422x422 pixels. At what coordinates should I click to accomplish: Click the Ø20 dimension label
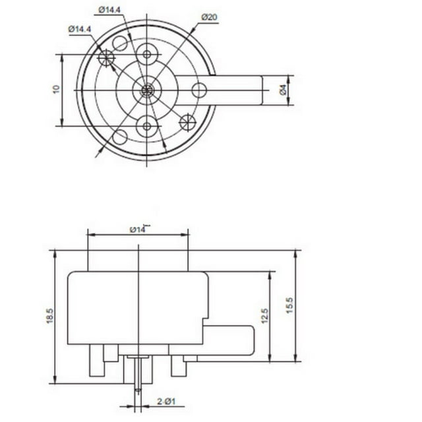[210, 17]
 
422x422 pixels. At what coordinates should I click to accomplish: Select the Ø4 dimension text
[283, 90]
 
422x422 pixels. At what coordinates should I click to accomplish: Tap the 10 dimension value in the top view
[57, 89]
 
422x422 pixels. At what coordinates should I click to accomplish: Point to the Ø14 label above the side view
[138, 229]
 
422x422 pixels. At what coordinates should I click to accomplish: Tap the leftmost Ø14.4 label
[79, 29]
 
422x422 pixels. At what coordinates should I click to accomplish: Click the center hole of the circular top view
[146, 90]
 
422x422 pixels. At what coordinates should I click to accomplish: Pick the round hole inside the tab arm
[200, 90]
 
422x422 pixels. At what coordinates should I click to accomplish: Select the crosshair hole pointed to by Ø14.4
[105, 58]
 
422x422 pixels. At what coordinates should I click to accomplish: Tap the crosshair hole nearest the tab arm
[188, 121]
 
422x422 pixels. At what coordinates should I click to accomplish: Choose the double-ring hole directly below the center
[146, 125]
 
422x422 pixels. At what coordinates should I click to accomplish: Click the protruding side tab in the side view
[231, 340]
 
